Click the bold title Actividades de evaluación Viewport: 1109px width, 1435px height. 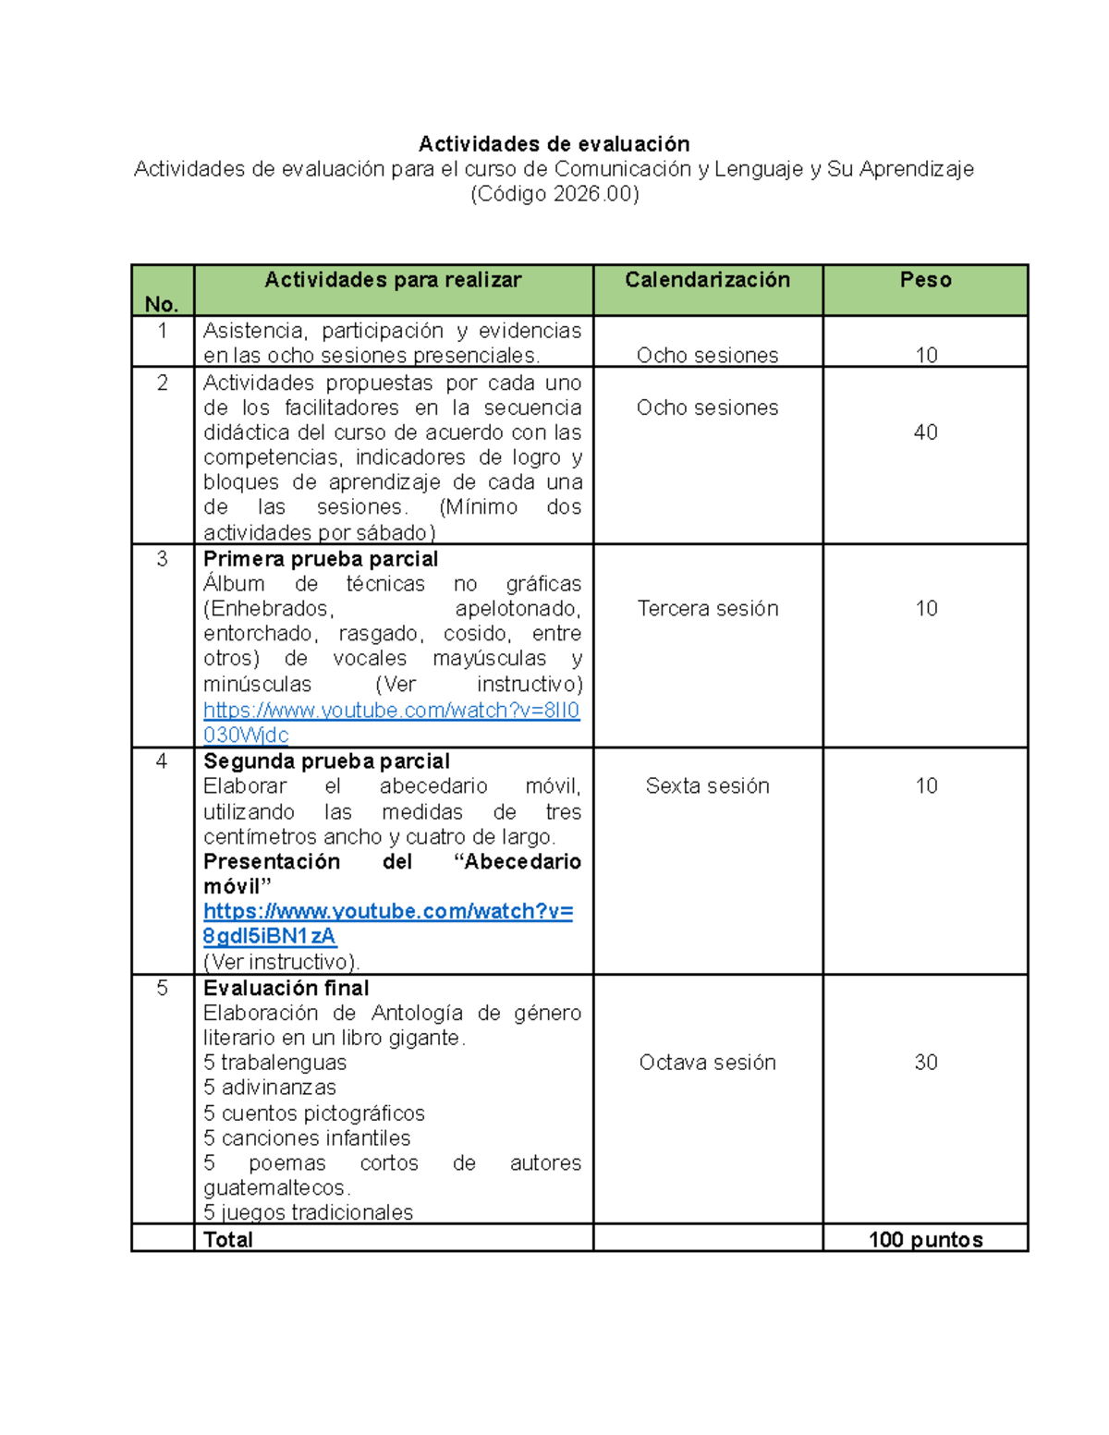pyautogui.click(x=554, y=144)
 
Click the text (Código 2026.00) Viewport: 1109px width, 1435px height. pyautogui.click(x=554, y=194)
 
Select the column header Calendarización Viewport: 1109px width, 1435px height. pyautogui.click(x=707, y=280)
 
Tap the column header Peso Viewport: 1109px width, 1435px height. pyautogui.click(x=925, y=280)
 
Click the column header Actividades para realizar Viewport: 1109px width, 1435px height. pyautogui.click(x=393, y=280)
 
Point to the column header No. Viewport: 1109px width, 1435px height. pyautogui.click(x=162, y=304)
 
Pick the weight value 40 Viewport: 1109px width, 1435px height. pyautogui.click(x=925, y=432)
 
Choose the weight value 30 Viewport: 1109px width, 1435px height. pyautogui.click(x=925, y=1063)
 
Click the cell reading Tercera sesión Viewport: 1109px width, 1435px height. pyautogui.click(x=707, y=609)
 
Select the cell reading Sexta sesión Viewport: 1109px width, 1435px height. pyautogui.click(x=707, y=786)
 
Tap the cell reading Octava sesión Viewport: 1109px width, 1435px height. pyautogui.click(x=707, y=1063)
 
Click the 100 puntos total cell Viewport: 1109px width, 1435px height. pyautogui.click(x=925, y=1240)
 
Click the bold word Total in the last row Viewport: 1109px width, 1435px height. pyautogui.click(x=227, y=1240)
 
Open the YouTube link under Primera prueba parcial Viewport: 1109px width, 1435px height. pyautogui.click(x=391, y=711)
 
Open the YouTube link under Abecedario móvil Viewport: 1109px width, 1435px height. pyautogui.click(x=388, y=912)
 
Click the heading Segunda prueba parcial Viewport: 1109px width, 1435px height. pyautogui.click(x=326, y=761)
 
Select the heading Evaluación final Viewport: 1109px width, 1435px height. pyautogui.click(x=286, y=989)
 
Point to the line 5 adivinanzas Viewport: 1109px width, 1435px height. pyautogui.click(x=269, y=1088)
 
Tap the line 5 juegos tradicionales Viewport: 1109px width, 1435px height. pyautogui.click(x=308, y=1212)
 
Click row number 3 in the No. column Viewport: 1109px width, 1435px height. pyautogui.click(x=162, y=559)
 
